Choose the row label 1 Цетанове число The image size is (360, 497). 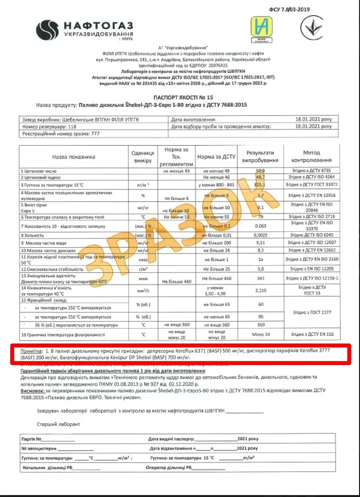pyautogui.click(x=39, y=171)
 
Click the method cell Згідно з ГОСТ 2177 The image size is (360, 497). pyautogui.click(x=312, y=311)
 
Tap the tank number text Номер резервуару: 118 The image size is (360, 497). pyautogui.click(x=49, y=126)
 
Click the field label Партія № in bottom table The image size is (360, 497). pyautogui.click(x=34, y=439)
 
